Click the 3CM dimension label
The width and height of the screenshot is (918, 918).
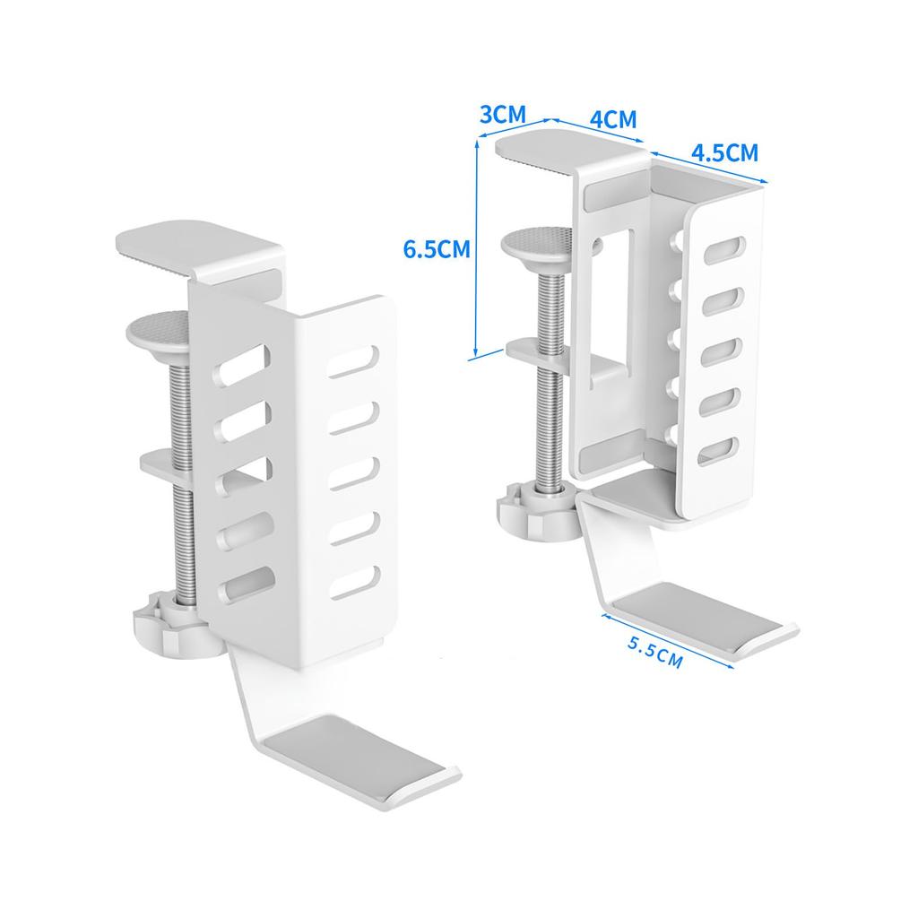click(503, 116)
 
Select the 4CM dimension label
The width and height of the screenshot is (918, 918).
click(614, 120)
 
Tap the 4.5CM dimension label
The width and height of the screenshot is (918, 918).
click(724, 152)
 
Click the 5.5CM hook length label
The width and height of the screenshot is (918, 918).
click(654, 652)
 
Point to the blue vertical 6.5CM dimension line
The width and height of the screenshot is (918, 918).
click(476, 251)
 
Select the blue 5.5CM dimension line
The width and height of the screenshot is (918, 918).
click(668, 643)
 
